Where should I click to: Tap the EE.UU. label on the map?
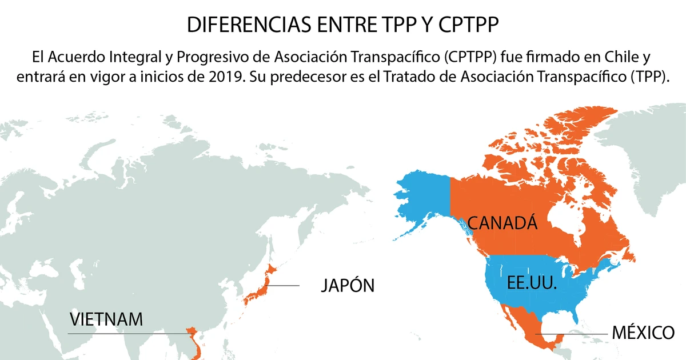tap(532, 282)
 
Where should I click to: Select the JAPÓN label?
tap(346, 285)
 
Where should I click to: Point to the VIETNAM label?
tap(106, 319)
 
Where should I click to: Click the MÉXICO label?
tap(643, 333)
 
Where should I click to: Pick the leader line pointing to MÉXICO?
tap(572, 333)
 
